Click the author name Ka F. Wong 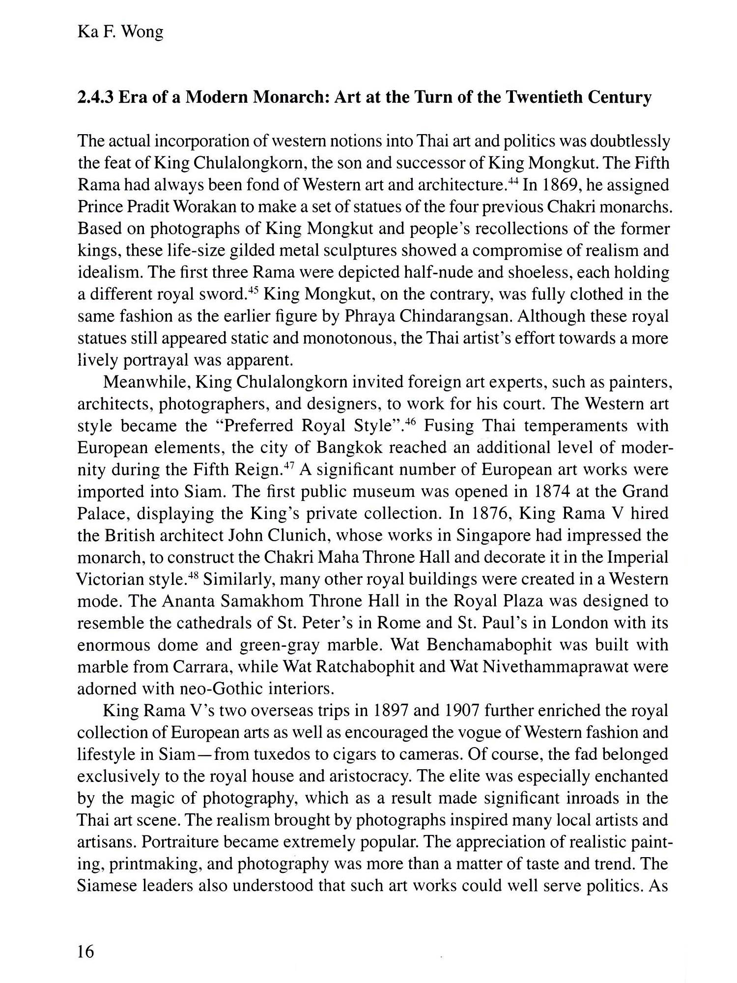120,33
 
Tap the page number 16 85,952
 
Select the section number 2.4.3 96,97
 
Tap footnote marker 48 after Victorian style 194,575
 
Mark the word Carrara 203,667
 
